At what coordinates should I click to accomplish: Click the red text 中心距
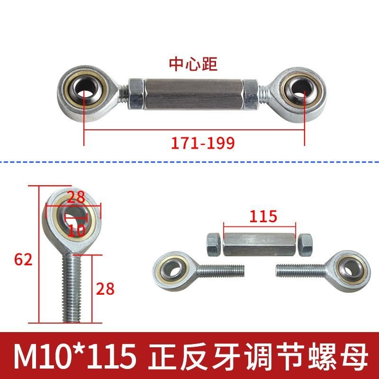[193, 64]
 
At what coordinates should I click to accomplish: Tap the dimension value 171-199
[203, 143]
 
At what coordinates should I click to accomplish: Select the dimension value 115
[263, 217]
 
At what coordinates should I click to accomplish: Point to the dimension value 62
[23, 260]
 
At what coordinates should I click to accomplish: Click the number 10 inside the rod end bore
[76, 230]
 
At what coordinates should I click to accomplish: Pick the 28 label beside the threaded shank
[105, 289]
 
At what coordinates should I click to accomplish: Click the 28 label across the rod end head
[76, 197]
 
